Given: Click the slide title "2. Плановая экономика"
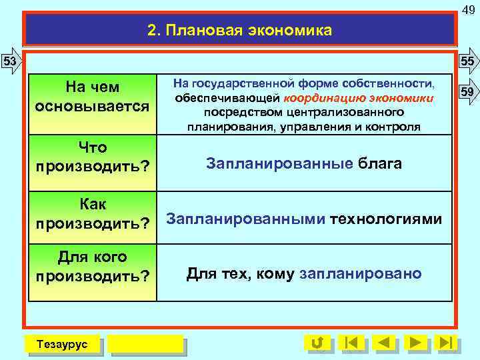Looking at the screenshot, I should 239,31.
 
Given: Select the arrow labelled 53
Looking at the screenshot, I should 10,61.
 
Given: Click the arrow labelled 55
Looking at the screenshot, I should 469,61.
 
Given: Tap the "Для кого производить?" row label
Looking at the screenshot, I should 92,266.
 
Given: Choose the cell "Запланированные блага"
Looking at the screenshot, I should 304,163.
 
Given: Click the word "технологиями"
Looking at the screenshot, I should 386,219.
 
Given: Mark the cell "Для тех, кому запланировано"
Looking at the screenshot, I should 304,273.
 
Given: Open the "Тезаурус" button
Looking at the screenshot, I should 61,343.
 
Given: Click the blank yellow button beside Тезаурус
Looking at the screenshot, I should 145,343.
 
